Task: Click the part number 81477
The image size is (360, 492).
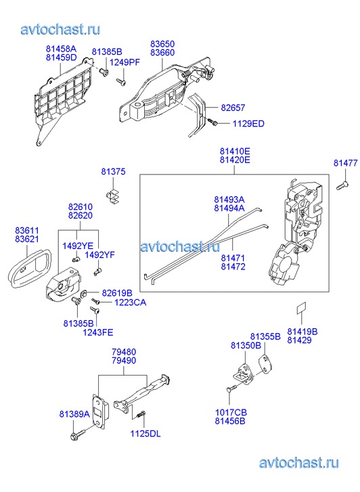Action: coord(345,163)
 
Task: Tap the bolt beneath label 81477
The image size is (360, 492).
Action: coord(342,185)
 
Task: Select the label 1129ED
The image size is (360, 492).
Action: coord(248,124)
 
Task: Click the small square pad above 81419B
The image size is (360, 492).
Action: coord(302,308)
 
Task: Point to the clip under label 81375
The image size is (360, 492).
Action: coord(113,197)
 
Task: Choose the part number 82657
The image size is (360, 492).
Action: coord(233,108)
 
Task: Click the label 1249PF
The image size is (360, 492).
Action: coord(125,62)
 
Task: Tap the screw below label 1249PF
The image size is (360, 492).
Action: coord(121,82)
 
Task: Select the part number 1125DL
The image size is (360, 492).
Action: coord(145,434)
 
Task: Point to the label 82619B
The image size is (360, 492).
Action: coord(117,293)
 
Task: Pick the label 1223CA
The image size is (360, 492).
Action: coord(130,303)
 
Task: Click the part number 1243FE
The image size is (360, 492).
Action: coord(98,332)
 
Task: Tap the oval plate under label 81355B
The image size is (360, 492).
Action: coord(265,364)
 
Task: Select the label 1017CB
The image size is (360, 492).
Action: coord(231,413)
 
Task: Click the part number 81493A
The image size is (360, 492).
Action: coord(229,200)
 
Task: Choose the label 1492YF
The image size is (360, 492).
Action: coord(99,254)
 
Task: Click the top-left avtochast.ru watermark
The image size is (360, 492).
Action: coord(61,29)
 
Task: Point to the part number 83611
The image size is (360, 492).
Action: coord(27,230)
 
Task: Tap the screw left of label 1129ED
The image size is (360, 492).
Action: coord(212,121)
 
